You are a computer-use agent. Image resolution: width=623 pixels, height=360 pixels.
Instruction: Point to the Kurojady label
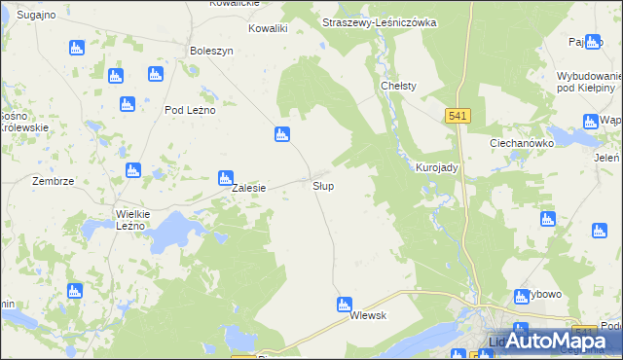pos(436,167)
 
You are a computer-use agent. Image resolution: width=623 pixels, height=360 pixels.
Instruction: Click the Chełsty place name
pos(398,86)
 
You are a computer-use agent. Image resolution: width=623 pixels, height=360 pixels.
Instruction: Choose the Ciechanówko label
pos(522,142)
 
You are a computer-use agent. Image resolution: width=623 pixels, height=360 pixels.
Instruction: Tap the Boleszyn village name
pos(212,51)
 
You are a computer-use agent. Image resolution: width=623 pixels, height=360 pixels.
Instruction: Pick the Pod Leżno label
pos(189,110)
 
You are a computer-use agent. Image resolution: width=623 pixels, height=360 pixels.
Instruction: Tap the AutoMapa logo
pos(562,341)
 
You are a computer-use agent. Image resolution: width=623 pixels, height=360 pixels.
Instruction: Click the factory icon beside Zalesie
pos(225,177)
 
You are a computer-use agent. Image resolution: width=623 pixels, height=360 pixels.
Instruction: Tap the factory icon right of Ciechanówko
pos(589,121)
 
